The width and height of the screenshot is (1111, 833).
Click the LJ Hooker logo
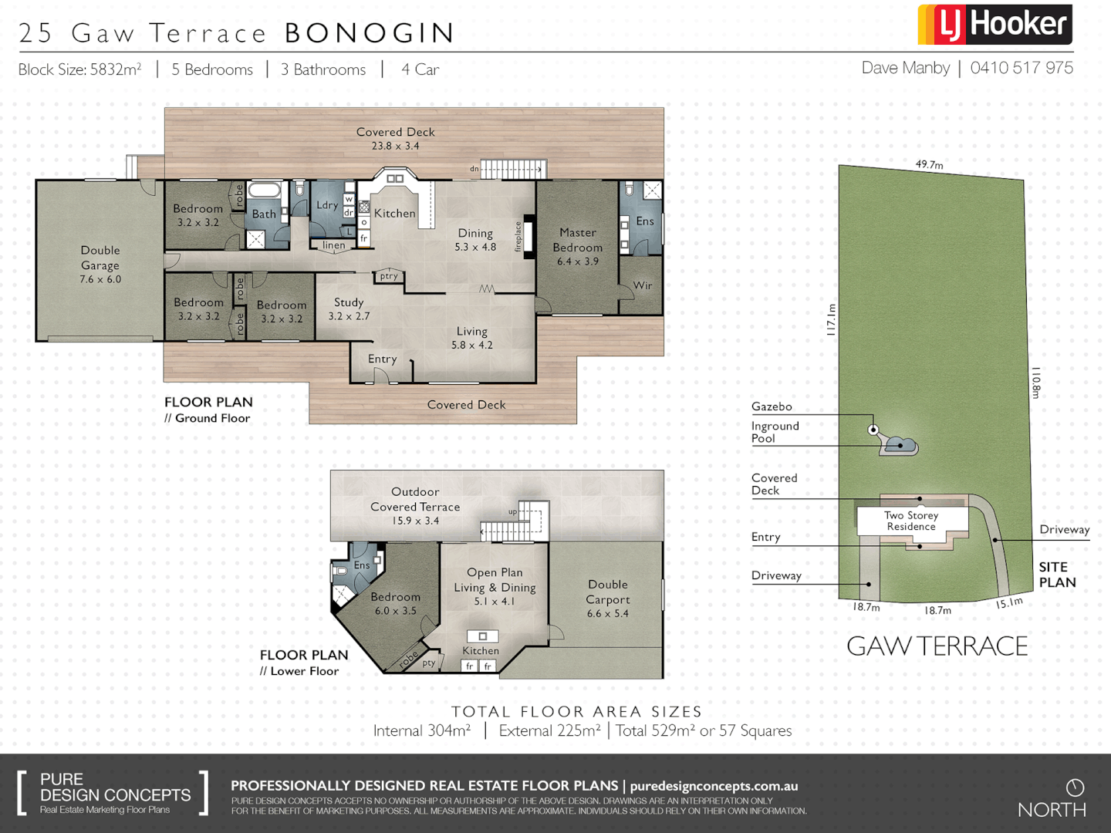[x=994, y=25]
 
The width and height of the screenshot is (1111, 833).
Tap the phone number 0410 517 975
[x=1021, y=68]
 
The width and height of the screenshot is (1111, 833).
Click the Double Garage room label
[x=100, y=265]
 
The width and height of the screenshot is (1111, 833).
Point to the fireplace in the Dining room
[x=529, y=236]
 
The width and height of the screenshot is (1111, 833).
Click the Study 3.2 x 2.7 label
[x=349, y=309]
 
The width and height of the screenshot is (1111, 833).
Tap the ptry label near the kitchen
[x=389, y=276]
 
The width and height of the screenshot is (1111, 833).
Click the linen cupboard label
[x=334, y=245]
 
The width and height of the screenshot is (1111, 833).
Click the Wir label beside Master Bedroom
[x=642, y=285]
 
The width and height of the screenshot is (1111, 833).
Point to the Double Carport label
[x=608, y=599]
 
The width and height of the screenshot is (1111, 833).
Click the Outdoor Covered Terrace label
[x=415, y=506]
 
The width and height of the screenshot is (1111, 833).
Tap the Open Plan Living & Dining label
[x=495, y=586]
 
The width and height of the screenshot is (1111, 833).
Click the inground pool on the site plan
[x=900, y=445]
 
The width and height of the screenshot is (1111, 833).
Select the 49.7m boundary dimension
[x=929, y=164]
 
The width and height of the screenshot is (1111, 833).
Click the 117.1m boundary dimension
[x=831, y=319]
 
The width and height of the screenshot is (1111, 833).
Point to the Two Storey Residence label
[x=911, y=521]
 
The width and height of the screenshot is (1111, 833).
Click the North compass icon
[x=1075, y=787]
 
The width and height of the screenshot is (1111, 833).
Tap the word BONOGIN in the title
[x=370, y=33]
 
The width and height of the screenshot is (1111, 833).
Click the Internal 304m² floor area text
[x=422, y=730]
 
